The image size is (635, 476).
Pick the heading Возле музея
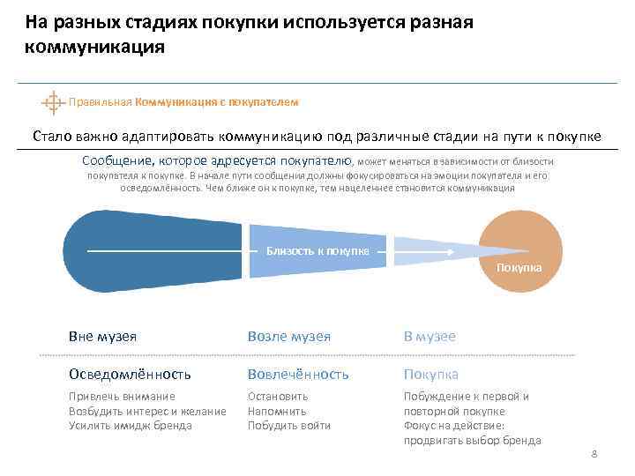pos(289,337)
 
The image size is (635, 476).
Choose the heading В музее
pos(430,337)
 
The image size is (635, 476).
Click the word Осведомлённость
pos(130,374)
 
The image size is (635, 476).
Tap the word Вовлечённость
pos(298,374)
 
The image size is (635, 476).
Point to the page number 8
pos(594,454)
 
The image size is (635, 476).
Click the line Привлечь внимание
pos(122,397)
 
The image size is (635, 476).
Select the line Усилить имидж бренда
pos(130,426)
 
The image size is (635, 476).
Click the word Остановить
pos(278,397)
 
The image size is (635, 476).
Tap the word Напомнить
pos(277,411)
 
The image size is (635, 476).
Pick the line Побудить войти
pos(289,426)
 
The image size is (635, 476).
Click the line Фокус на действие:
pos(453,426)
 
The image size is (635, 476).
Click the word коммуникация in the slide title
pos(94,46)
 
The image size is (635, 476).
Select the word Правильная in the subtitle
pos(101,102)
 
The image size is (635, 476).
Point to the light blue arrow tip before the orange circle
pos(467,251)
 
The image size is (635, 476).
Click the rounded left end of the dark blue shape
pos(79,251)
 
